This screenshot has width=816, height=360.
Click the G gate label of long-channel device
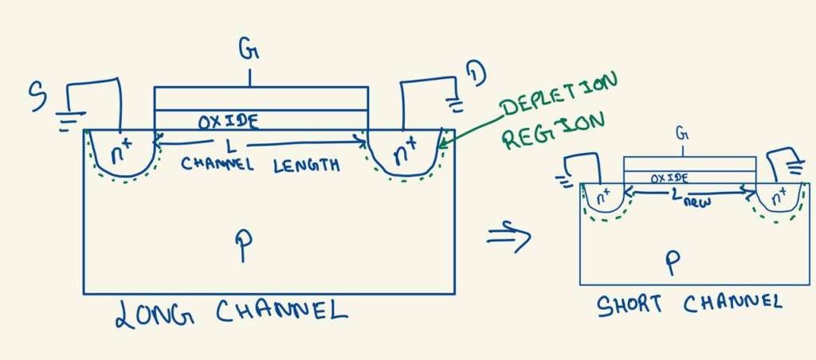[249, 49]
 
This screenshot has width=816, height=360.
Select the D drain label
[476, 74]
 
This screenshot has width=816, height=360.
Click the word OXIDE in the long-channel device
[228, 122]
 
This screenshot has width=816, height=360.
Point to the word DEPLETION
[559, 94]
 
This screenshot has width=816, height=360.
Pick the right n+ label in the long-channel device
[406, 151]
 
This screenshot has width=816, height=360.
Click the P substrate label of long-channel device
[244, 245]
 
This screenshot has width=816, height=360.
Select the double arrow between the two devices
[509, 237]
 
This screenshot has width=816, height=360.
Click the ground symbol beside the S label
[70, 120]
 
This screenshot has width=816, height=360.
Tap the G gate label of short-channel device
[681, 134]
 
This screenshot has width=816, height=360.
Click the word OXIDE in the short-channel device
[669, 178]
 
